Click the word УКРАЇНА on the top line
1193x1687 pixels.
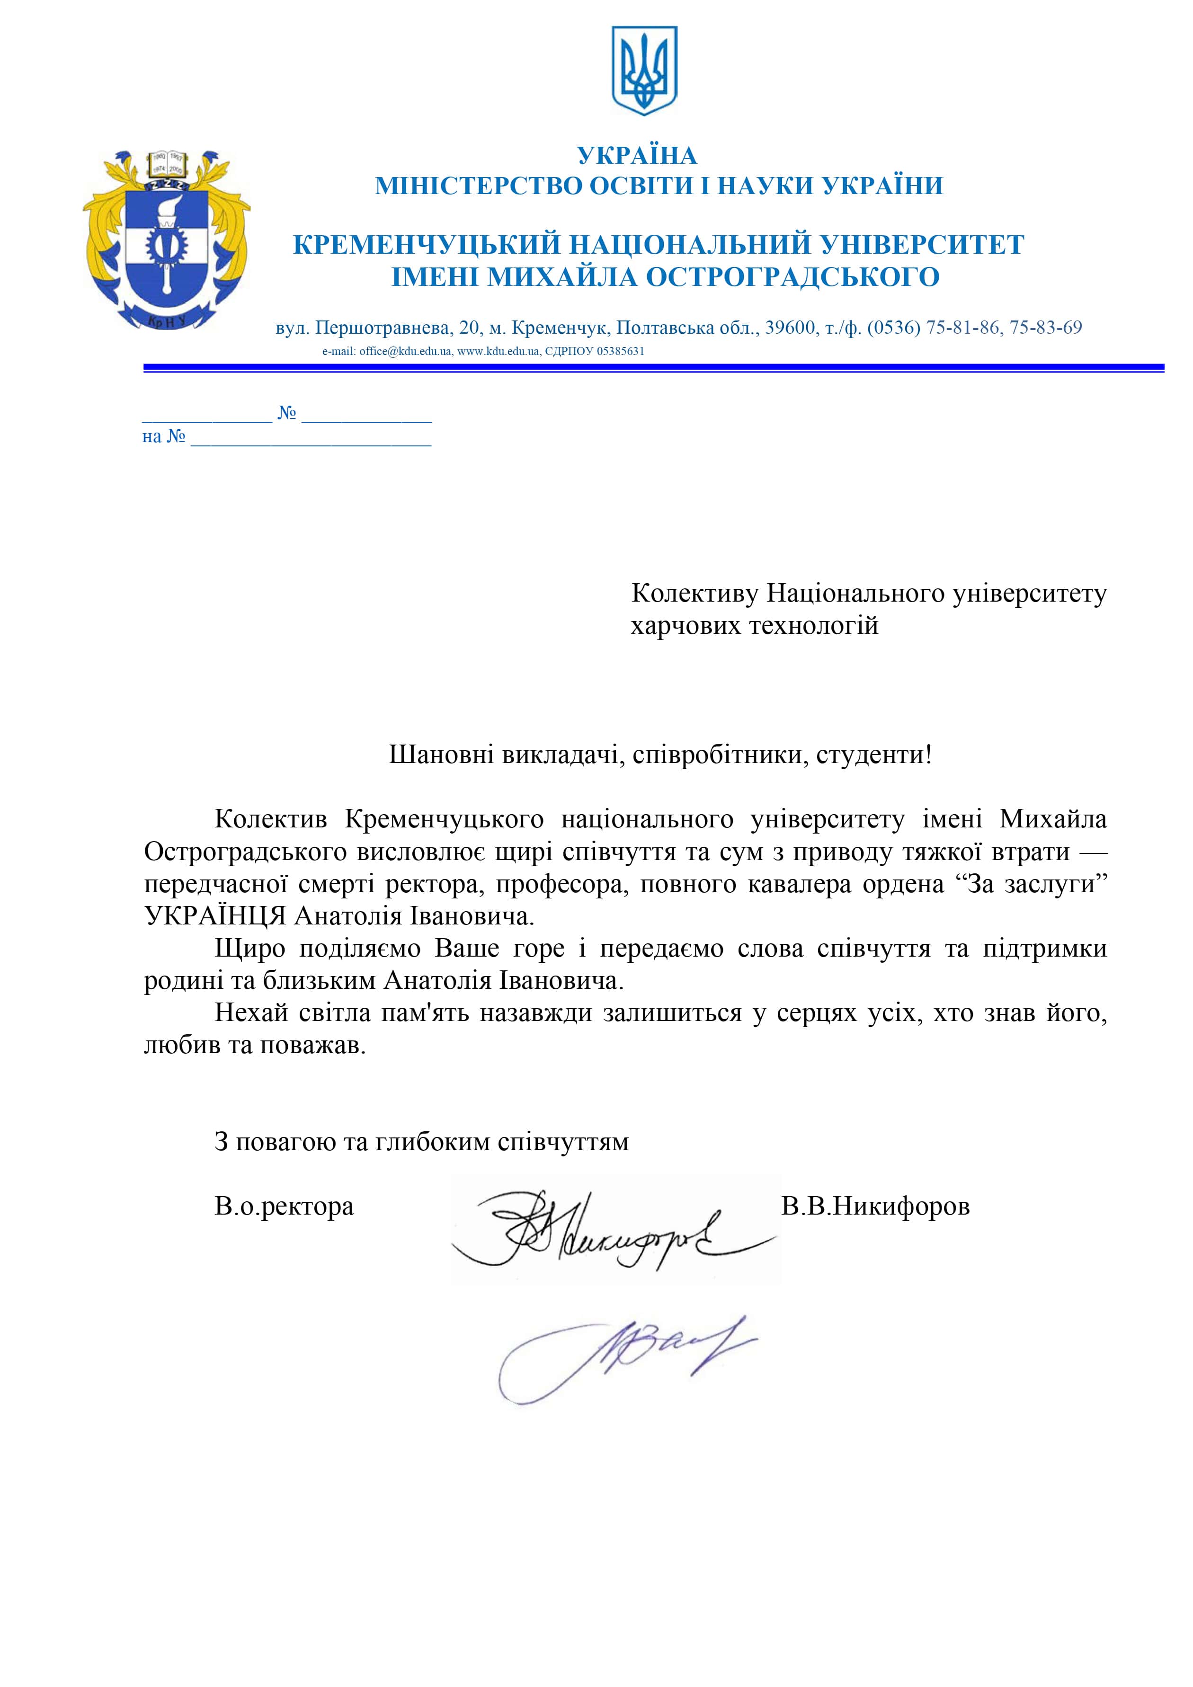click(x=637, y=156)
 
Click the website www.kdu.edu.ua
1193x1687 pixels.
click(x=499, y=351)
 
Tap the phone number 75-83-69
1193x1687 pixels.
click(x=1045, y=328)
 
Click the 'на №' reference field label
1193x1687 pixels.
click(x=163, y=437)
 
